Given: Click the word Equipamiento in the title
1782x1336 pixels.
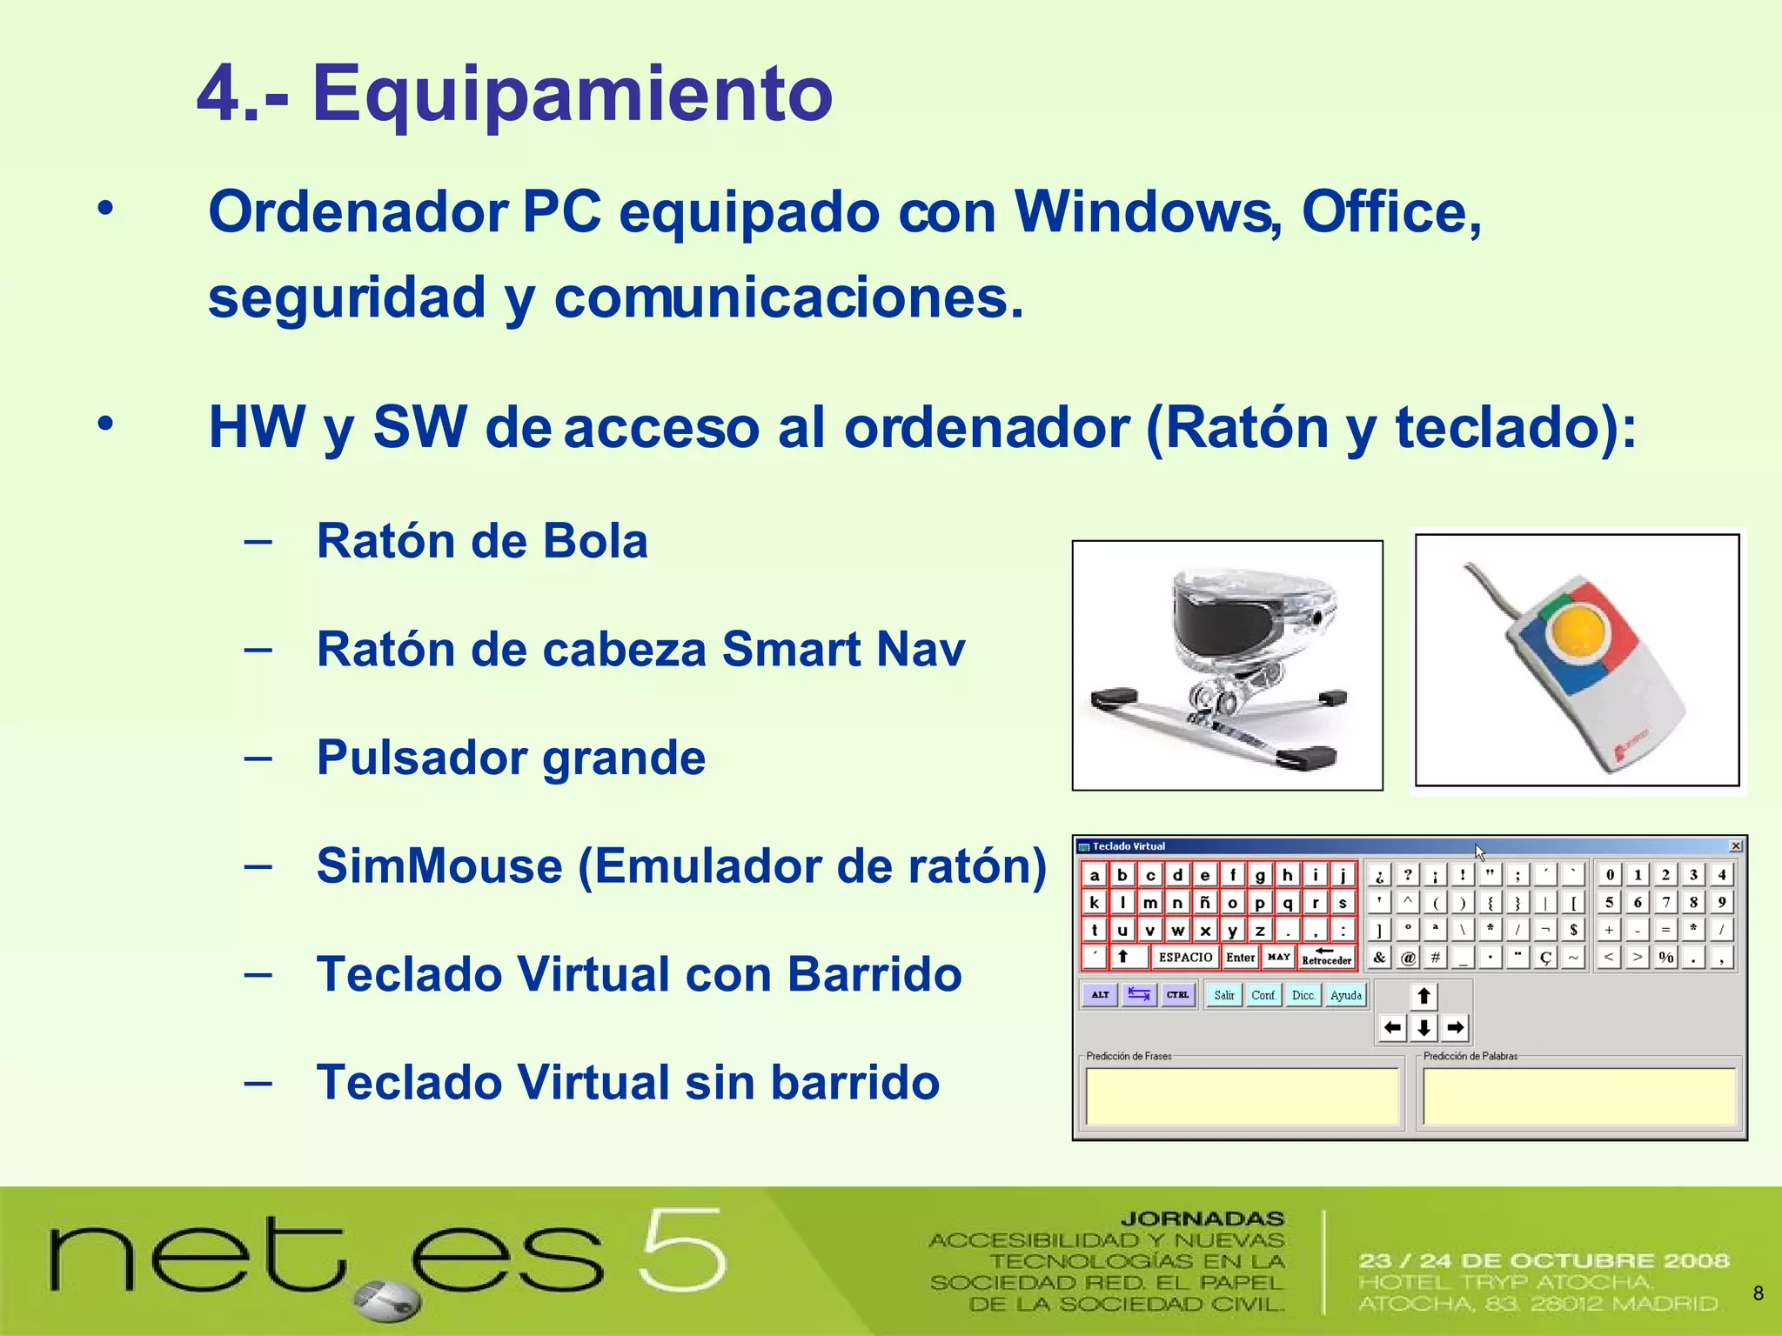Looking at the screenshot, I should [x=573, y=94].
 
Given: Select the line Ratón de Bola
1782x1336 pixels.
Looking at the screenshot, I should [x=482, y=541].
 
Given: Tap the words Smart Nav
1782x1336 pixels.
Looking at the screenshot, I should [x=843, y=649].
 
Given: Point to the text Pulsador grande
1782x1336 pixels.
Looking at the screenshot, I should [x=511, y=758].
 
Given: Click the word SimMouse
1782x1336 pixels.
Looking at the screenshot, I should [x=439, y=866].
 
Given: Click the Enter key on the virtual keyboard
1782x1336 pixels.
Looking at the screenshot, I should [x=1240, y=957].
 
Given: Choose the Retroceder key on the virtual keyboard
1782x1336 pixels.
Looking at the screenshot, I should [x=1326, y=957].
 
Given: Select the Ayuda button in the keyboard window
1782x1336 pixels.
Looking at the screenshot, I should [x=1345, y=995].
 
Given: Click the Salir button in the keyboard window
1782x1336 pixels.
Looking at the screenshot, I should [x=1223, y=995].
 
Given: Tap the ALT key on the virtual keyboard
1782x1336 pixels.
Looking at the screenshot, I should [x=1100, y=994].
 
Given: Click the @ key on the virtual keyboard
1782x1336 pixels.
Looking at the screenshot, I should [x=1408, y=958].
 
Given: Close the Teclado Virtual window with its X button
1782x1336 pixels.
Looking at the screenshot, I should [x=1735, y=846].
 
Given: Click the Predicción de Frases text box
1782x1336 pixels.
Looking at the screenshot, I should [x=1242, y=1096].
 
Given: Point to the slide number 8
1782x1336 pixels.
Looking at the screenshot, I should [x=1758, y=1293].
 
